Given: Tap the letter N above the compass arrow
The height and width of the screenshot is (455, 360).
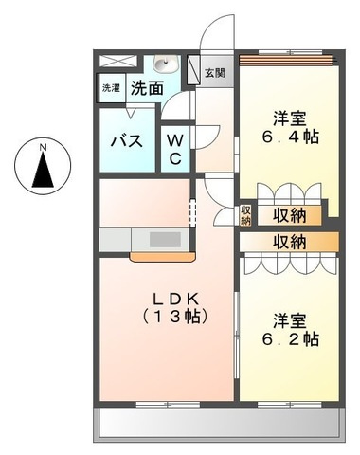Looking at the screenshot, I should (x=42, y=146).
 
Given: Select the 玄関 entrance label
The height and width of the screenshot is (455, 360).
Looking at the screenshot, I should (x=214, y=73).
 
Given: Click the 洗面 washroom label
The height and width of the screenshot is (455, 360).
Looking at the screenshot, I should (x=147, y=89).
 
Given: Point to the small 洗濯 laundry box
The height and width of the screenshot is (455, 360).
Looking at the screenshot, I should (x=112, y=88).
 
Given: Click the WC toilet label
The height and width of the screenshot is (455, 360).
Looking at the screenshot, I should (x=176, y=148).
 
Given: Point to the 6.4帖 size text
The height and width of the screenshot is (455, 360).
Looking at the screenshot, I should (x=290, y=136).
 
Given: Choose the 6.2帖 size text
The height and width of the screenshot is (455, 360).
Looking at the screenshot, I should (x=291, y=338).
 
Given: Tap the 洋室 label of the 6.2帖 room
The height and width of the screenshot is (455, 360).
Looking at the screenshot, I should (x=291, y=318).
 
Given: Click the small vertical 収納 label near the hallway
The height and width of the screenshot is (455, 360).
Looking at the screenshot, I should (x=245, y=215).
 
